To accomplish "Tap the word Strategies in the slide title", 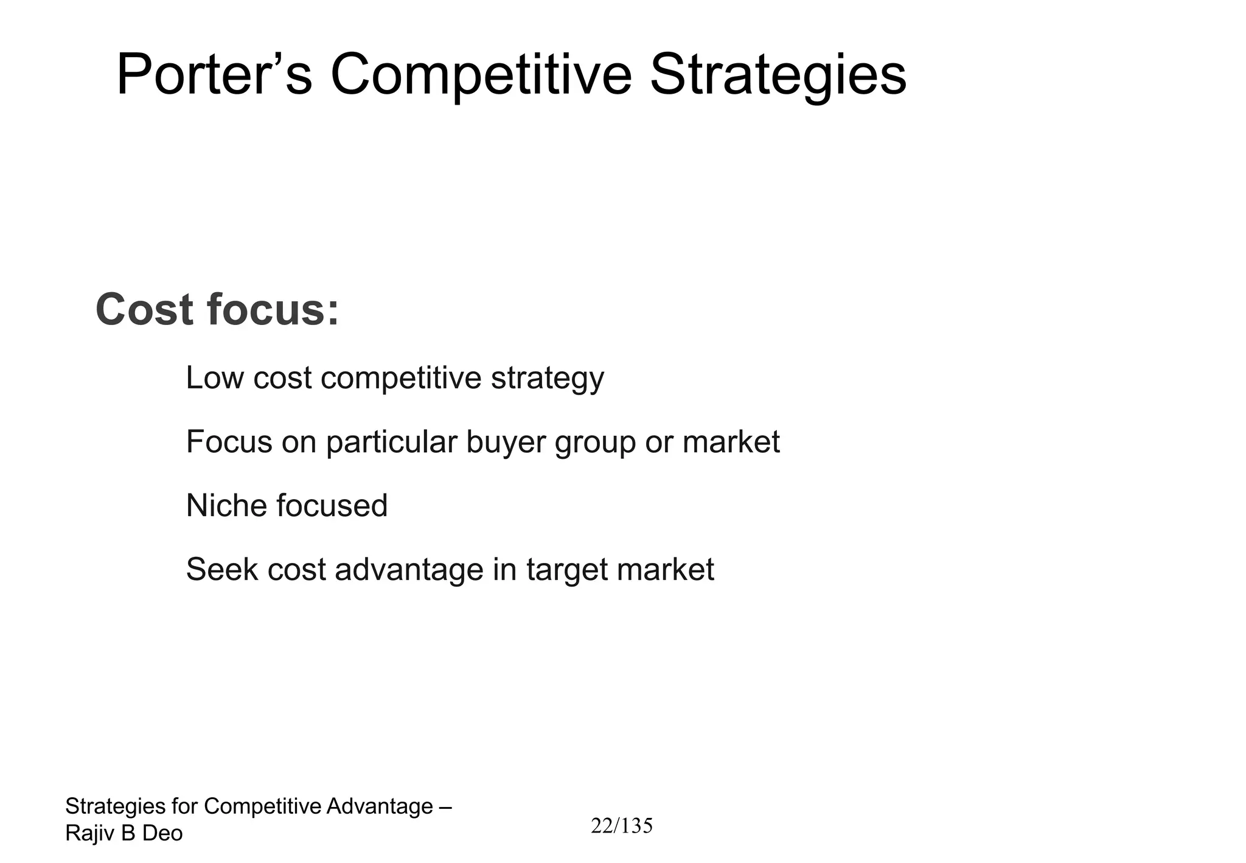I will (778, 75).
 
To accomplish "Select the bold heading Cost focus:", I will (217, 310).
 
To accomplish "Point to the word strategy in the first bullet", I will (548, 379).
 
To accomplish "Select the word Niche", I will (226, 505).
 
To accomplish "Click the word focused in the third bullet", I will (332, 505).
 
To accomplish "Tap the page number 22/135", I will (622, 826).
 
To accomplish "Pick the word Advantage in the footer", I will (380, 806).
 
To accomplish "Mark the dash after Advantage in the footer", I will (445, 807).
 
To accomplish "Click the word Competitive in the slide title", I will (481, 75).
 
